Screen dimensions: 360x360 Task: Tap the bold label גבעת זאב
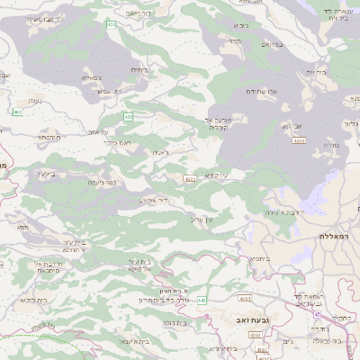[x=253, y=319]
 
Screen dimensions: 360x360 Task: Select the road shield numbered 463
[x=17, y=112]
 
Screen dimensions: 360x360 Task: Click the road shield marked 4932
[x=189, y=179]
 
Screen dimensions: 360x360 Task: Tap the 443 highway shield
[x=202, y=300]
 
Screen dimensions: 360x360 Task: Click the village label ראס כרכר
[x=118, y=141]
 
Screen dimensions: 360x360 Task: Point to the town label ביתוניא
[x=257, y=258]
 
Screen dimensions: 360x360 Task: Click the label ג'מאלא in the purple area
[x=92, y=78]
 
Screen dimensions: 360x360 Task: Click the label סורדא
[x=328, y=143]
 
